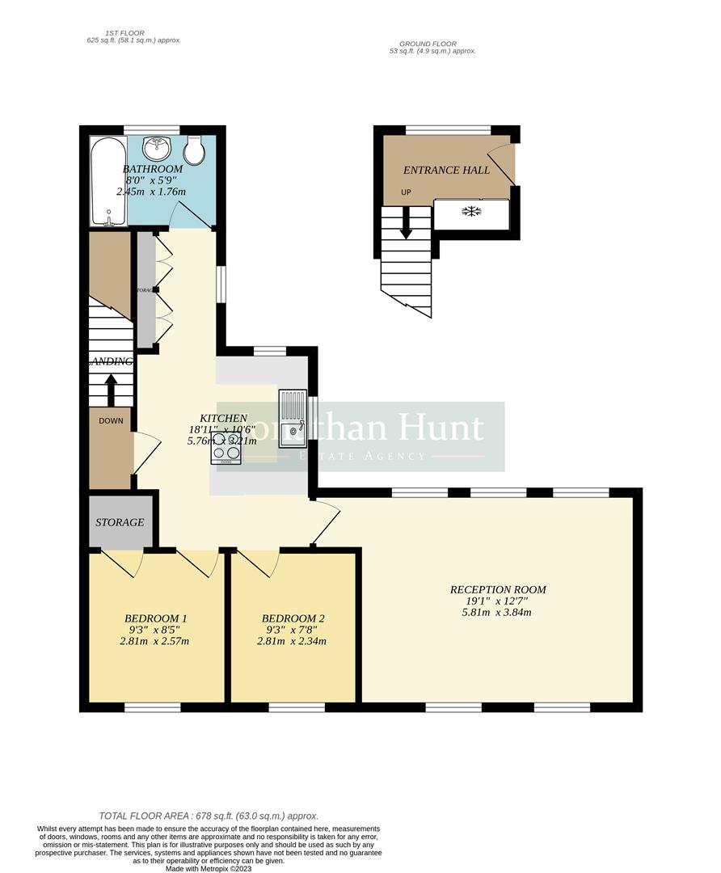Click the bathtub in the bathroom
point(108,181)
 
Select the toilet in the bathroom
point(194,149)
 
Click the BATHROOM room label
point(153,169)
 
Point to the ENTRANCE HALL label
point(446,171)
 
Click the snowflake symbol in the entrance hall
point(471,212)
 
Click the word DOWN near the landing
point(112,420)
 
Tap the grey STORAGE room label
point(120,522)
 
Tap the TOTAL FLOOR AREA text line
point(209,816)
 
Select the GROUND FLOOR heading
point(428,44)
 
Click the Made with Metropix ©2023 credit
point(209,868)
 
